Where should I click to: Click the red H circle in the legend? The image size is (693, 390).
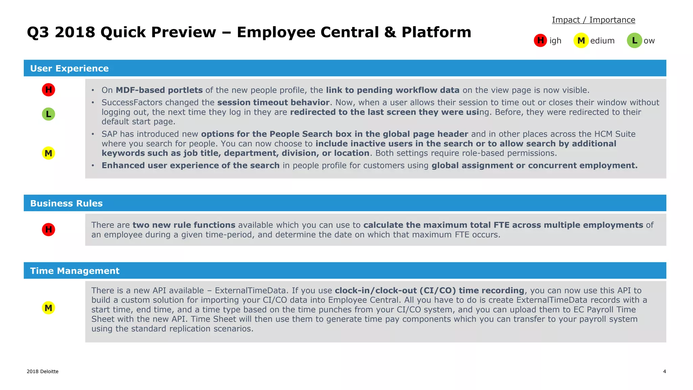[x=540, y=40]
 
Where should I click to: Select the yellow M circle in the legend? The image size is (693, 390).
[x=581, y=41]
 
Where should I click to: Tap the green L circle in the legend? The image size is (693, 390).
[x=634, y=41]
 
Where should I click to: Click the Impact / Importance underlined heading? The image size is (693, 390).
[x=594, y=20]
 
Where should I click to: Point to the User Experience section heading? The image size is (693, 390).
[x=69, y=68]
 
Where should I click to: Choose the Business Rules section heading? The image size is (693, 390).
[x=66, y=203]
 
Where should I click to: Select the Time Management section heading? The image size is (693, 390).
[x=75, y=271]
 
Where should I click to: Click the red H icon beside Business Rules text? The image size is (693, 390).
[x=48, y=230]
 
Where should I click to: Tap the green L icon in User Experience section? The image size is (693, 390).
[x=48, y=114]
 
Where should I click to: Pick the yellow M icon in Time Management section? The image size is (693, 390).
[x=48, y=308]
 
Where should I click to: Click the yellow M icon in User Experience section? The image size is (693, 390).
[x=48, y=153]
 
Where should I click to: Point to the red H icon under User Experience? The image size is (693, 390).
[x=48, y=90]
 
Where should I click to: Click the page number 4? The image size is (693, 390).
[x=664, y=371]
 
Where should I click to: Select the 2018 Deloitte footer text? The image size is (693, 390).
[x=43, y=371]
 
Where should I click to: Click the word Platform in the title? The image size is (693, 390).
[x=436, y=32]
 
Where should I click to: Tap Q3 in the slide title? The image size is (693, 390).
[x=39, y=32]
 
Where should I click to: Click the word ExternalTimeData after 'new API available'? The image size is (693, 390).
[x=250, y=290]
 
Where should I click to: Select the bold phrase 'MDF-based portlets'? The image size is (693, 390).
[x=159, y=90]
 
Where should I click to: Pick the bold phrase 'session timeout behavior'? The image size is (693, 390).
[x=273, y=102]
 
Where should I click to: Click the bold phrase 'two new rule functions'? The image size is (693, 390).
[x=184, y=225]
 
